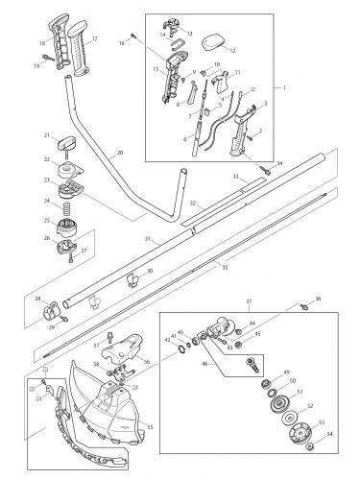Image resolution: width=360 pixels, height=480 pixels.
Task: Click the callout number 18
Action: (41, 44)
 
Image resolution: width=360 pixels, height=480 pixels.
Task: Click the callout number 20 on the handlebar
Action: (118, 153)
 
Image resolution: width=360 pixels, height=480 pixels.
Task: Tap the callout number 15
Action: (156, 70)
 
